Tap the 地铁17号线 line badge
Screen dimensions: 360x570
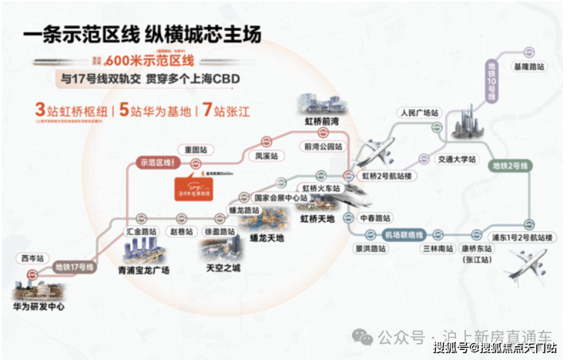pyautogui.click(x=74, y=267)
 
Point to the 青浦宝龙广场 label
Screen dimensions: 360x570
pyautogui.click(x=143, y=271)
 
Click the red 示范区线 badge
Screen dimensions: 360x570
pyautogui.click(x=156, y=163)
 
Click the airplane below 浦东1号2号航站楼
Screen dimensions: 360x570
pyautogui.click(x=526, y=266)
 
